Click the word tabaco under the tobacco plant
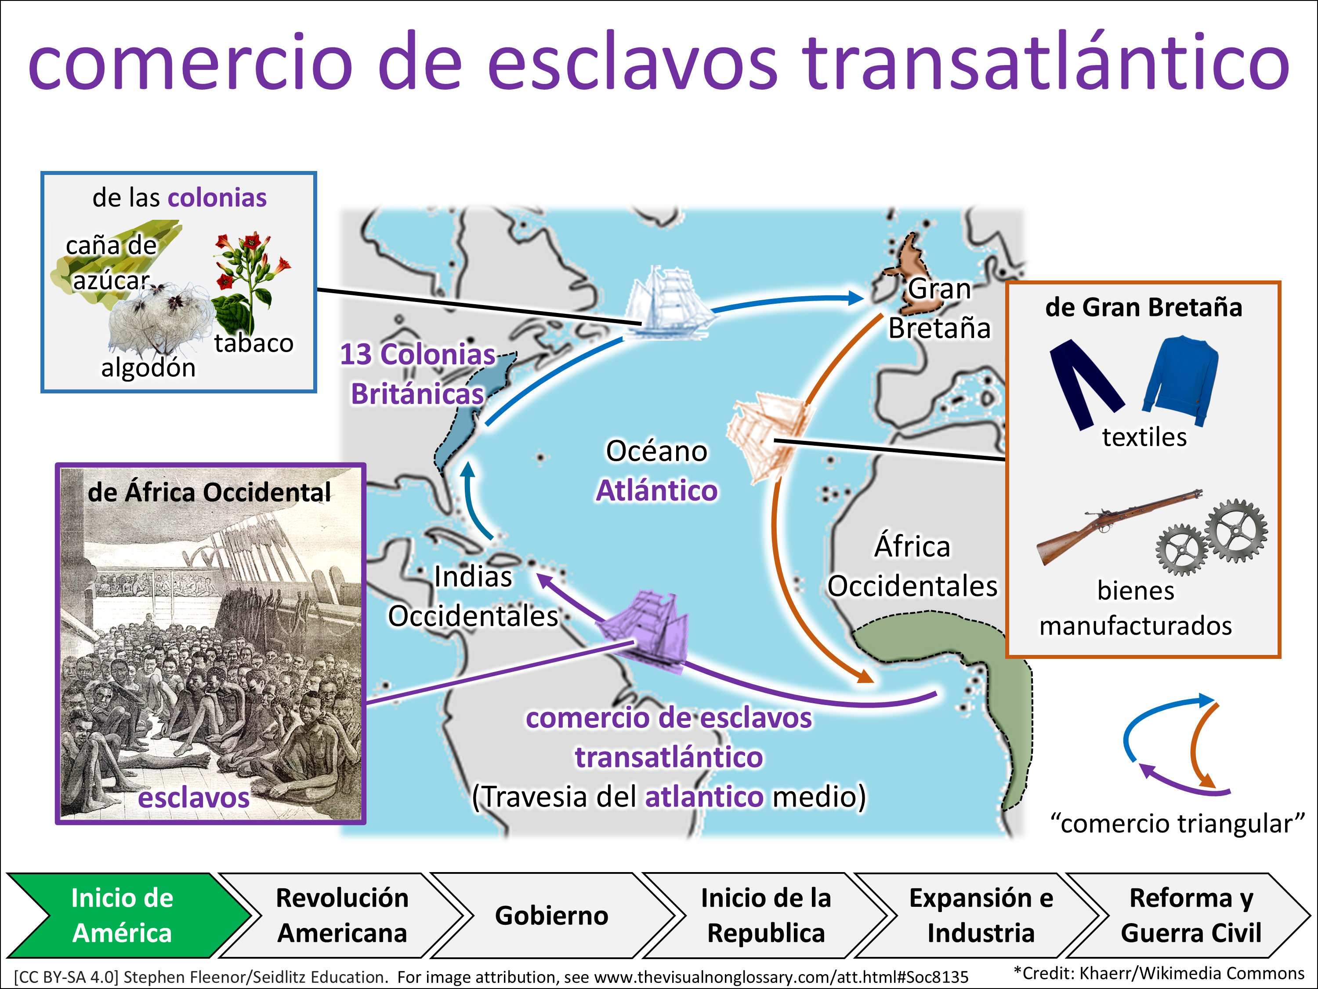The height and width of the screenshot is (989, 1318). (x=254, y=343)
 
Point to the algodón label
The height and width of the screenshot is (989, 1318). (x=148, y=368)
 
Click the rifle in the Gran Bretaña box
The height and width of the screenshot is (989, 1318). (x=1119, y=526)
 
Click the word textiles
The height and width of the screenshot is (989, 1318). (x=1144, y=437)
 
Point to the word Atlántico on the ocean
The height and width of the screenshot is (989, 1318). (x=657, y=491)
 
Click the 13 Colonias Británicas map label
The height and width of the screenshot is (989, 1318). (x=417, y=374)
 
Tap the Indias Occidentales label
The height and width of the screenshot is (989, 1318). (x=473, y=596)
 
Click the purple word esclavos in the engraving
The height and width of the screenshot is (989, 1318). (x=194, y=798)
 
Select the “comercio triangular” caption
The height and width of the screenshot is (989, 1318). (x=1177, y=823)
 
